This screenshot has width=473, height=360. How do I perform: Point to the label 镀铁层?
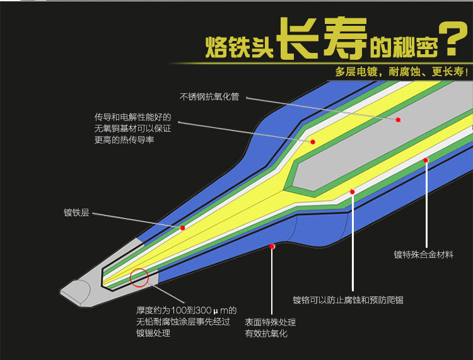(x=76, y=213)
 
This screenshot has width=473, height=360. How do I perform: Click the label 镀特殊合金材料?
(x=423, y=255)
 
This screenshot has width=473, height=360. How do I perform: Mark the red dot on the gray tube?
(x=398, y=119)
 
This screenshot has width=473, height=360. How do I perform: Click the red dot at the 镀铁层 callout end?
(x=183, y=228)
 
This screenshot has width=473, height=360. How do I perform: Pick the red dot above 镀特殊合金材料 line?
(x=426, y=160)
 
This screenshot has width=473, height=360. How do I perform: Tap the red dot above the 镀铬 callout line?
(x=353, y=192)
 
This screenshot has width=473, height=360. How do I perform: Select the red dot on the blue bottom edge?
(x=272, y=246)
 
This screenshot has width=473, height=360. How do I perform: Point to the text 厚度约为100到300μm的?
(x=186, y=310)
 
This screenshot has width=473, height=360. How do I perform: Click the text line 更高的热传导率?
(x=124, y=140)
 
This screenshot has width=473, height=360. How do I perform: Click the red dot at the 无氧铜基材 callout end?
(x=312, y=142)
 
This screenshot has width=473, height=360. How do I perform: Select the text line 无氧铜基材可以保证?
(x=133, y=129)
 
